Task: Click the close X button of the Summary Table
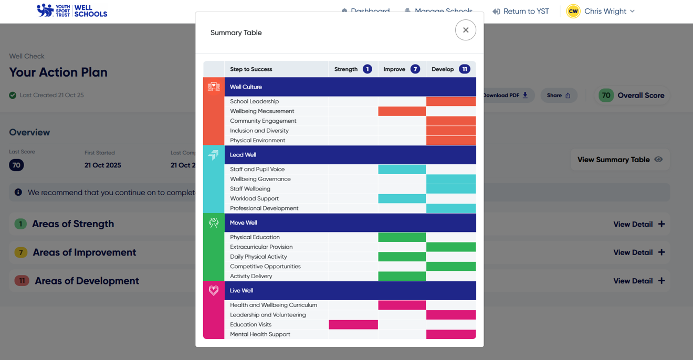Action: [x=466, y=30]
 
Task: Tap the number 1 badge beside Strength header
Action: [x=367, y=69]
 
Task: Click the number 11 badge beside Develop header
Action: [x=464, y=69]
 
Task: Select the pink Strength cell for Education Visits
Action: [x=353, y=325]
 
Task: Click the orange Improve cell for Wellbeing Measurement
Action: [x=402, y=111]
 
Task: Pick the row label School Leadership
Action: [x=255, y=101]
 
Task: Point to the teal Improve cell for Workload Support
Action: [x=402, y=198]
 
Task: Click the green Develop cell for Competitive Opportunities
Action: [x=451, y=267]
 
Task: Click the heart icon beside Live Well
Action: [x=214, y=290]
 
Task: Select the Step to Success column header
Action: [x=251, y=69]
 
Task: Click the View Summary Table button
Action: [x=619, y=160]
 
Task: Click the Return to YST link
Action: [x=520, y=11]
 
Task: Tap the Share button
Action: [x=559, y=96]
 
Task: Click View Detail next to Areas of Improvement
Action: [x=639, y=252]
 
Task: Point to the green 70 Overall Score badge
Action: [x=606, y=96]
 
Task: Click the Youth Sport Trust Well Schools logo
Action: [x=72, y=10]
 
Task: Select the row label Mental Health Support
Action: [x=260, y=334]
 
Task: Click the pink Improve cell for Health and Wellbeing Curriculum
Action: [x=402, y=305]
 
